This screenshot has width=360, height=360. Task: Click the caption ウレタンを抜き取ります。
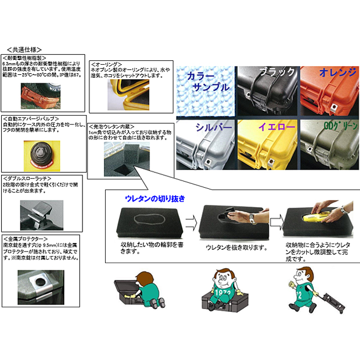(x=230, y=248)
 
